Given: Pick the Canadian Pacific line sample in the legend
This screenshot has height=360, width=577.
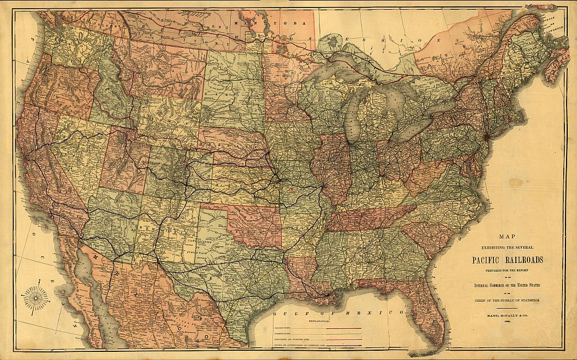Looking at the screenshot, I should point(344,328).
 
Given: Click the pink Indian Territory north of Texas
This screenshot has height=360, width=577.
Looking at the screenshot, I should point(254,222).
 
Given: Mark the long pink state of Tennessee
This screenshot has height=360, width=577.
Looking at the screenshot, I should point(369,218).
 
